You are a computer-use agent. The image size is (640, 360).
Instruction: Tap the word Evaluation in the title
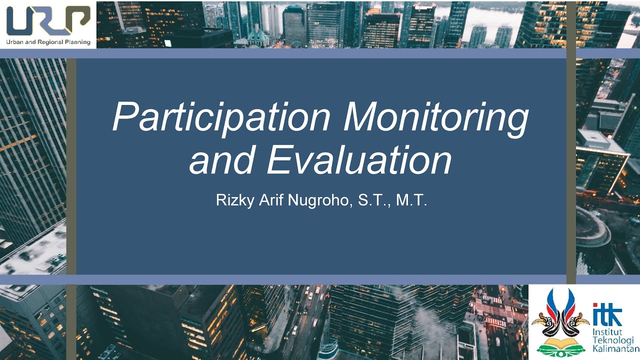tap(359, 159)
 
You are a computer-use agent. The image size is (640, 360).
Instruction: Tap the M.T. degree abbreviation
tap(411, 201)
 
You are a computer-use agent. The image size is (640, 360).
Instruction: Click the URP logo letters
tap(48, 21)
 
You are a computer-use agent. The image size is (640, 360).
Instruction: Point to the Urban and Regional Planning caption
tap(48, 42)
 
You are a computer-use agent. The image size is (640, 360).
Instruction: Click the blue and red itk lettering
tap(607, 314)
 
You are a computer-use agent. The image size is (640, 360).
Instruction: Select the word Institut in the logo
tap(605, 332)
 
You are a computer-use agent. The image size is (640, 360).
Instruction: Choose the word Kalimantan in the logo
tap(615, 349)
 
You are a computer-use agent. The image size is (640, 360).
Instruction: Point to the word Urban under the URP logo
tap(15, 42)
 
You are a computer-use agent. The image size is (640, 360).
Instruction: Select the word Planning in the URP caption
tap(78, 42)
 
